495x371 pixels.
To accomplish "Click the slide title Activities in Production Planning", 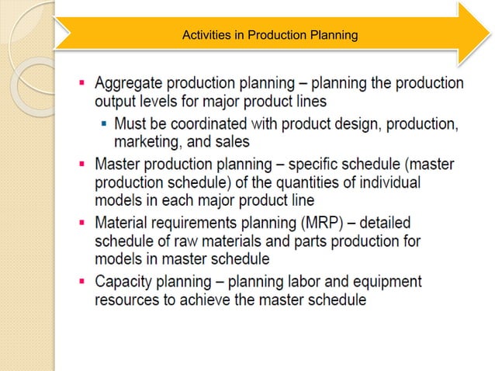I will [x=268, y=35].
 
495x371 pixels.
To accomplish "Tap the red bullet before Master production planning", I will [x=82, y=165].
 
